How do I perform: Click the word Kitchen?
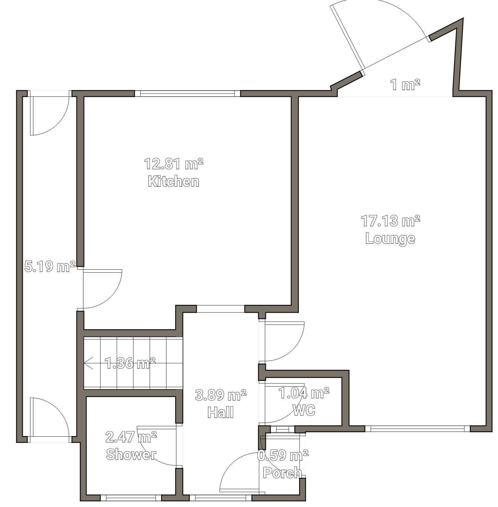coord(173,182)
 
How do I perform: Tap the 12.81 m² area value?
coord(174,164)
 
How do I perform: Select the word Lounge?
coord(390,239)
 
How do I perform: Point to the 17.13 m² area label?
coord(391,221)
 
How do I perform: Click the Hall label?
coord(221,413)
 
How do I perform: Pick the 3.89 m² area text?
coord(221,395)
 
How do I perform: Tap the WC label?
coord(304,410)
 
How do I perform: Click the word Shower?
coord(131,454)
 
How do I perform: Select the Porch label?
coord(282,473)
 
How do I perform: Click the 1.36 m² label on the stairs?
coord(130,363)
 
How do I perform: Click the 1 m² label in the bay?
coord(405,85)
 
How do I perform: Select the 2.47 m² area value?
coord(131,437)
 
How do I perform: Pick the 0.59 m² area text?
coord(283,456)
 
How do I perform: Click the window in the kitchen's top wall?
coord(188,93)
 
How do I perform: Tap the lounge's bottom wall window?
coord(418,429)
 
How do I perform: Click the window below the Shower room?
coord(131,498)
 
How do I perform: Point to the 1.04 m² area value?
coord(304,393)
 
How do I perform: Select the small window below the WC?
coord(283,429)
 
